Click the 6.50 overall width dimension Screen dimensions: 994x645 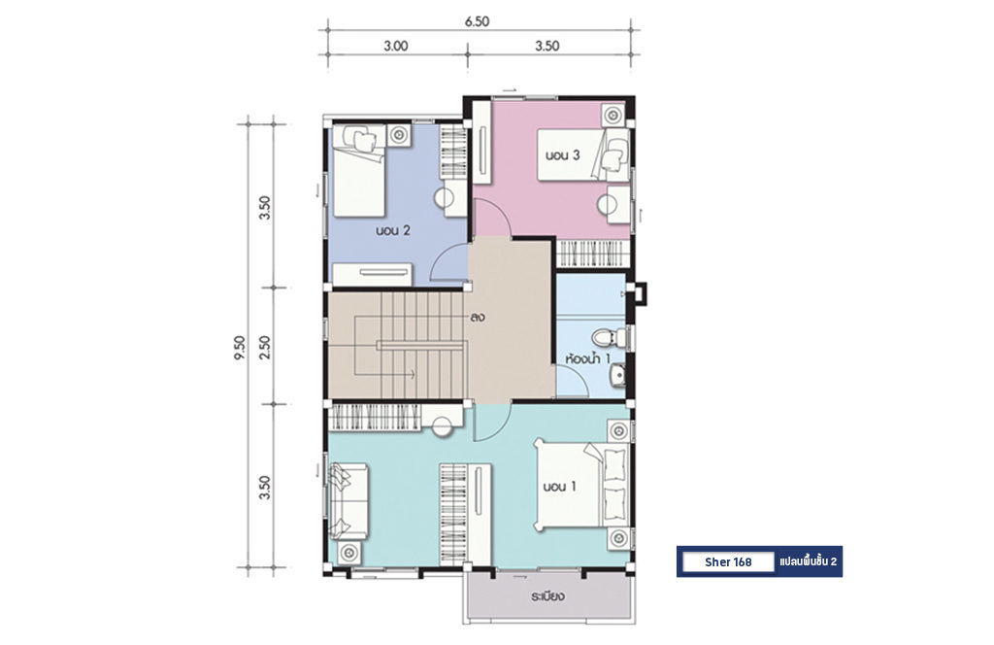click(x=477, y=21)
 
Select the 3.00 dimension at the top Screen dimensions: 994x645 click(x=396, y=46)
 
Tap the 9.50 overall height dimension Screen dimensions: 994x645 click(x=240, y=348)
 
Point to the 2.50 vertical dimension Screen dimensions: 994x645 click(x=265, y=347)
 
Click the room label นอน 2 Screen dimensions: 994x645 click(x=393, y=230)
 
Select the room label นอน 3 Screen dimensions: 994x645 click(x=562, y=155)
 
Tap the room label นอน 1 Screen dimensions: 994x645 click(x=560, y=487)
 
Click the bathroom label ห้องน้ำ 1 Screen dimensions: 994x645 click(x=587, y=359)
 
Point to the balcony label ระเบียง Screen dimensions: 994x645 click(x=548, y=596)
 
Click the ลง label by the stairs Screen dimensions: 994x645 click(x=478, y=317)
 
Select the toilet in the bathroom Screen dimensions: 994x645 click(x=611, y=337)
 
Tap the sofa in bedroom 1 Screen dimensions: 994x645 click(x=348, y=501)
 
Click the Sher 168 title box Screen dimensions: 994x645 click(x=728, y=561)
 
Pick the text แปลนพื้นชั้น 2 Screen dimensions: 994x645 click(x=809, y=561)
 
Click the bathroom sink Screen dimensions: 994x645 click(x=616, y=376)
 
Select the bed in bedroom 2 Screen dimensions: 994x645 click(x=359, y=171)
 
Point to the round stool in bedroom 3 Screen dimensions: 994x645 click(x=608, y=205)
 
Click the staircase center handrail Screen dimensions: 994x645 click(x=422, y=345)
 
